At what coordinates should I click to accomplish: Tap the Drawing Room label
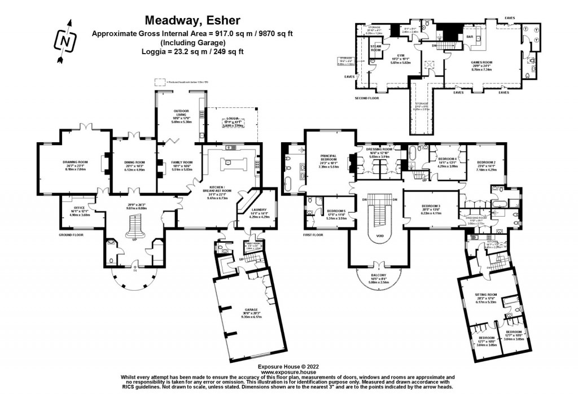pos(73,163)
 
